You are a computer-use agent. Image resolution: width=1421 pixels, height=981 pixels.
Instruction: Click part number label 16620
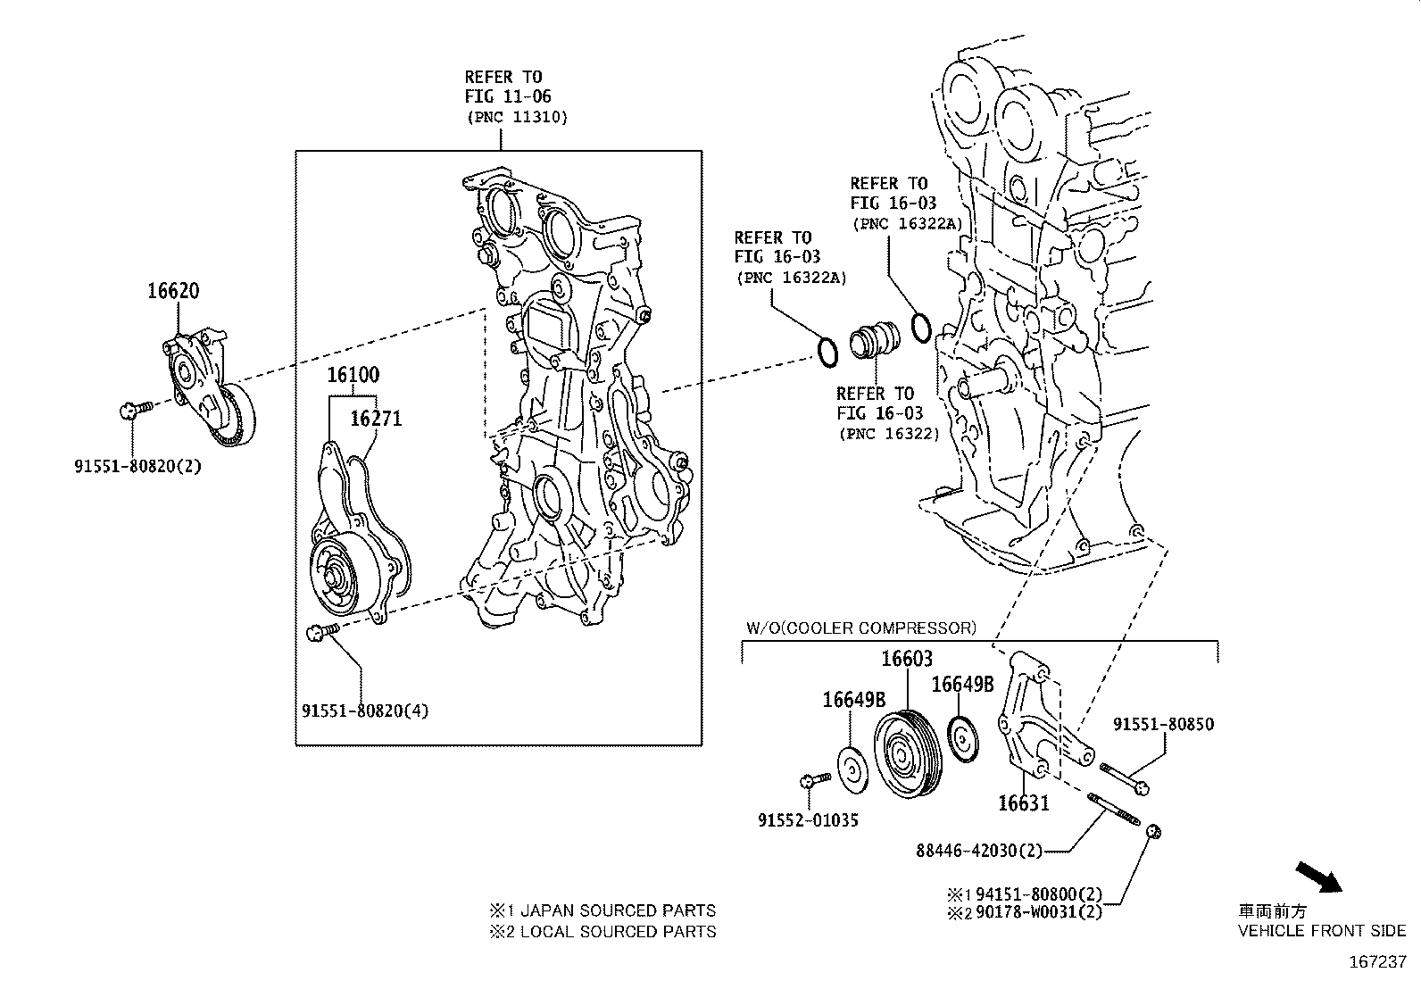[173, 291]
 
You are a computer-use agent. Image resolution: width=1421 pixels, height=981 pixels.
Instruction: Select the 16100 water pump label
[353, 375]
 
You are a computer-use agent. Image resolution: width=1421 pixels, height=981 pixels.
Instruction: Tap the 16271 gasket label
[376, 418]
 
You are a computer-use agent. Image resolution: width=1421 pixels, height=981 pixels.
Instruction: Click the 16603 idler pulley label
[907, 659]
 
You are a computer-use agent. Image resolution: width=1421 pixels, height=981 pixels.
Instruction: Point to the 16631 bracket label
[1023, 803]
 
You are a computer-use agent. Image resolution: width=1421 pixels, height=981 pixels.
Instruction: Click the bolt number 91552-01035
[808, 819]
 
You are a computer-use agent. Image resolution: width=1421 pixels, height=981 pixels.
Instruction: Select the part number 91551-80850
[1163, 725]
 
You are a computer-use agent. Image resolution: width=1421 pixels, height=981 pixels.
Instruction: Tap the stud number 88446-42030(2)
[979, 851]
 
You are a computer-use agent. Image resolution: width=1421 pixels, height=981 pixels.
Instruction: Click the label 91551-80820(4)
[365, 711]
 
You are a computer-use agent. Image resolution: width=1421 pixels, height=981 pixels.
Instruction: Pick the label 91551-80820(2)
[138, 465]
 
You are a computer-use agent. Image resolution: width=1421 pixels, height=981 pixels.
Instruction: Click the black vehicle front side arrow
[1318, 877]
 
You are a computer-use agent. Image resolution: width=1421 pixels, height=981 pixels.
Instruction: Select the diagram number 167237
[1377, 963]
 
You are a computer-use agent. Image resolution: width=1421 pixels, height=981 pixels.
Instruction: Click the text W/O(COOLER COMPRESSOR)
[861, 628]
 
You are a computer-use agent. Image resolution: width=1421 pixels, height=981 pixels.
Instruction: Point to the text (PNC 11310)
[516, 117]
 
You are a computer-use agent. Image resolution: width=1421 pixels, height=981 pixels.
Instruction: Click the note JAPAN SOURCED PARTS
[617, 910]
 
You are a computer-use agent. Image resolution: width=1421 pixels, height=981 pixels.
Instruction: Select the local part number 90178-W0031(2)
[1038, 912]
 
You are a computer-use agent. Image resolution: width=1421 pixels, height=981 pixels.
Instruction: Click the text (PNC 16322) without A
[888, 434]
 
